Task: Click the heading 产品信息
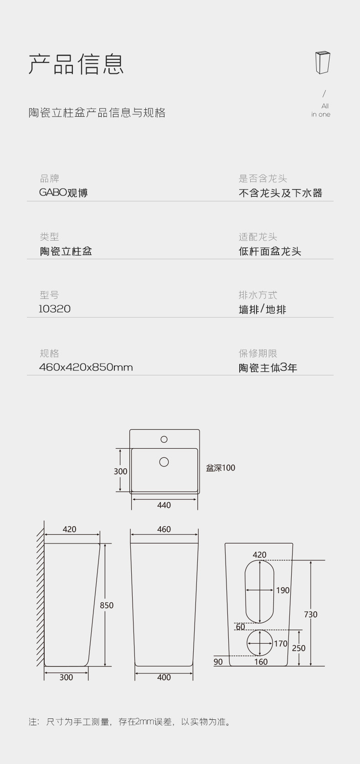(x=76, y=64)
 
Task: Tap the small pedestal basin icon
(x=322, y=62)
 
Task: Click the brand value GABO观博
(x=63, y=193)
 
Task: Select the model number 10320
(x=55, y=309)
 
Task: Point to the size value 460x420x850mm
(x=86, y=367)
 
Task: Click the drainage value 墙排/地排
(x=262, y=310)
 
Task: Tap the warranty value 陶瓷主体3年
(x=268, y=368)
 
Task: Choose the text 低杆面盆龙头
(x=270, y=251)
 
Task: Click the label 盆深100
(x=221, y=468)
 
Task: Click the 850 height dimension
(x=107, y=605)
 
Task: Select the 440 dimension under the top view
(x=164, y=505)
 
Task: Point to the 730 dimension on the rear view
(x=311, y=615)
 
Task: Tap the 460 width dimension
(x=164, y=529)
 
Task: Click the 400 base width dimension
(x=164, y=677)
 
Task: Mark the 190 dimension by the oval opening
(x=283, y=590)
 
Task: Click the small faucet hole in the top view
(x=164, y=439)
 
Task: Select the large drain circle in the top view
(x=164, y=462)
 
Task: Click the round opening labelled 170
(x=260, y=643)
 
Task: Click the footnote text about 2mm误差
(x=130, y=722)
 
